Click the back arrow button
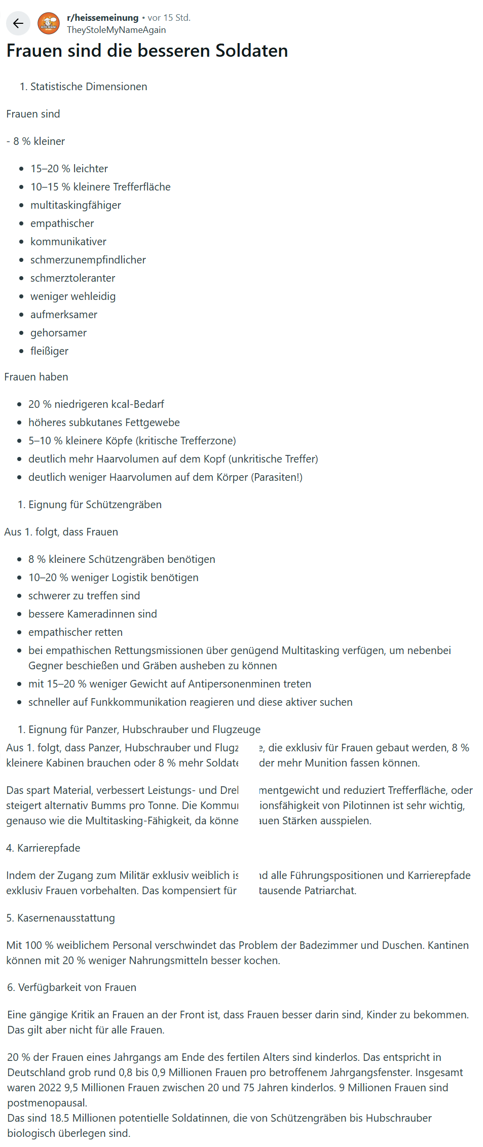18,23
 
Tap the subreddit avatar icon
49,23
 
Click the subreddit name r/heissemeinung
102,18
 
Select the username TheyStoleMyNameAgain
116,30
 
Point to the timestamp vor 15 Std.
169,18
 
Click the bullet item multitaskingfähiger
76,205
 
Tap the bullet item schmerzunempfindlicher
88,260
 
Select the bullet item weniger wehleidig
73,296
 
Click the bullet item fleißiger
49,351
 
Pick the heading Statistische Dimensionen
89,87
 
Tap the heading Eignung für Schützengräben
95,505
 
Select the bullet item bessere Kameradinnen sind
92,614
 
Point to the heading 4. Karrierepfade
43,848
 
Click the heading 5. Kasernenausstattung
60,918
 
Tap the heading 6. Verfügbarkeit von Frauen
71,987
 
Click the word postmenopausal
47,1103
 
